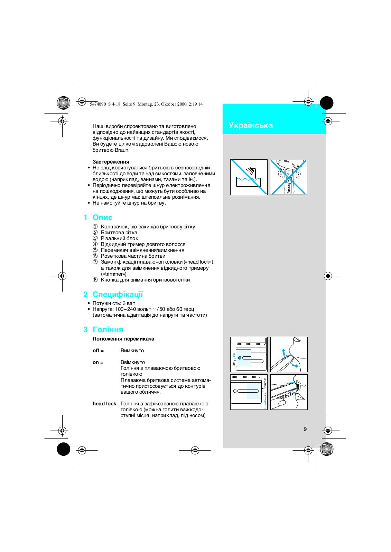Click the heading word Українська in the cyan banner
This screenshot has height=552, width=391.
pyautogui.click(x=251, y=126)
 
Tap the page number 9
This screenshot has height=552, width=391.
pyautogui.click(x=305, y=429)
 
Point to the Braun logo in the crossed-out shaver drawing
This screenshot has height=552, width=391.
pyautogui.click(x=287, y=161)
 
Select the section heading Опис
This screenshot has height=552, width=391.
pyautogui.click(x=102, y=218)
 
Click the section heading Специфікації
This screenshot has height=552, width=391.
pyautogui.click(x=118, y=295)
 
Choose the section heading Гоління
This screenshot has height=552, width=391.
pyautogui.click(x=108, y=330)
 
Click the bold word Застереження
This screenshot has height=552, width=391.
pyautogui.click(x=111, y=162)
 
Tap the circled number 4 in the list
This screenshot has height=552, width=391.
pyautogui.click(x=95, y=244)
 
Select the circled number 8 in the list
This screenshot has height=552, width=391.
pyautogui.click(x=95, y=280)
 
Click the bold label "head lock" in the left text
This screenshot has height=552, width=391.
pyautogui.click(x=104, y=404)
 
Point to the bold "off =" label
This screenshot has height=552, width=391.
pyautogui.click(x=98, y=351)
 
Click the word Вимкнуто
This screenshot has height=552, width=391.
pyautogui.click(x=132, y=351)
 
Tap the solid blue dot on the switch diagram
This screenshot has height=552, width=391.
pyautogui.click(x=240, y=358)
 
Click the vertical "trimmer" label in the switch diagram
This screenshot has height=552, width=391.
pyautogui.click(x=265, y=383)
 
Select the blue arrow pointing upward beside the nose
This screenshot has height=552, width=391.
pyautogui.click(x=283, y=352)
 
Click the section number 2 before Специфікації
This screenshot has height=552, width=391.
pyautogui.click(x=85, y=295)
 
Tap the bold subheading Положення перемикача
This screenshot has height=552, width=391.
pyautogui.click(x=123, y=339)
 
